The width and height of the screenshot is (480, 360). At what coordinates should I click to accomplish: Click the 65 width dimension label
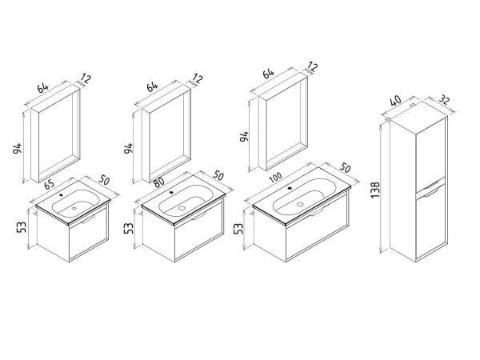50,184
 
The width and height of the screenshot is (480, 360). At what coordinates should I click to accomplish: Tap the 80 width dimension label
159,182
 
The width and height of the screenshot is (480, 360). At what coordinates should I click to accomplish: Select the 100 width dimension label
276,178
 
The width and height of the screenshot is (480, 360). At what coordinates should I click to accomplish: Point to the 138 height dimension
375,190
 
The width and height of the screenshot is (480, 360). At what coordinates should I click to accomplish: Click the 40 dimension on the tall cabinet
396,101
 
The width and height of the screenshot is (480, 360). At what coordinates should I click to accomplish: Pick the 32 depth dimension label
445,99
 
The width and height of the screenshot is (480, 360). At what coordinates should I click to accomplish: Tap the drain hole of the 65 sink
74,208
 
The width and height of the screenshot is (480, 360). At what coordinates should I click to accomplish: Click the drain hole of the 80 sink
182,208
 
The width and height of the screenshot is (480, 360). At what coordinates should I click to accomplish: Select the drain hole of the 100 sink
300,204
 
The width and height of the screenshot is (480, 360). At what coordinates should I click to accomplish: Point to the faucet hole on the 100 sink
290,188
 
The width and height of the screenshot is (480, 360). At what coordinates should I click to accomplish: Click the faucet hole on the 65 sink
62,194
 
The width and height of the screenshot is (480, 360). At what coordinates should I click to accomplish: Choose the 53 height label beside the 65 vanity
22,227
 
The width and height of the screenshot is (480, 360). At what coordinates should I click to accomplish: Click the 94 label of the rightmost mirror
244,136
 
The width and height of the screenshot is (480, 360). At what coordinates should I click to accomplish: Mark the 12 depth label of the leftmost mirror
86,78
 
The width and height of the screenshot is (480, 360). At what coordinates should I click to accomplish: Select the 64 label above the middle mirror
152,86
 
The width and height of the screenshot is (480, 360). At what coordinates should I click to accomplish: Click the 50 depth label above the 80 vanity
218,175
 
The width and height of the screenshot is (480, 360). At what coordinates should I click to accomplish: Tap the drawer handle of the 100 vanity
316,212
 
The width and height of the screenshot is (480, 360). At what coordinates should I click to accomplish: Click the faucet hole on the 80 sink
171,193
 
